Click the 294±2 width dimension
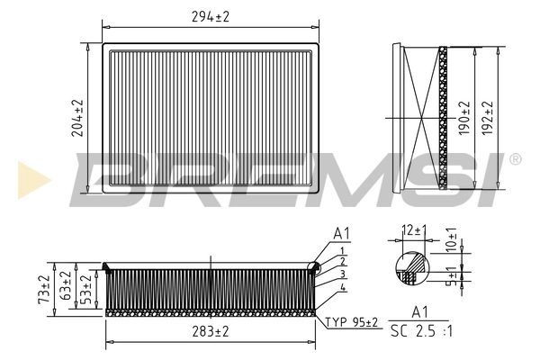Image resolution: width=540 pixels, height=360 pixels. (211, 16)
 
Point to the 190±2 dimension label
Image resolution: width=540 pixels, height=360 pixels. (463, 118)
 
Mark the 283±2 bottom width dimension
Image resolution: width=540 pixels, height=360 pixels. (209, 331)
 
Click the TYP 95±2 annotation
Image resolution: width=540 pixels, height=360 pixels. (351, 321)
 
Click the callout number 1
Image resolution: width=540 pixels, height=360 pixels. (342, 249)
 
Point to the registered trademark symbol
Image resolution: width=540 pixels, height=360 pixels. (515, 159)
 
